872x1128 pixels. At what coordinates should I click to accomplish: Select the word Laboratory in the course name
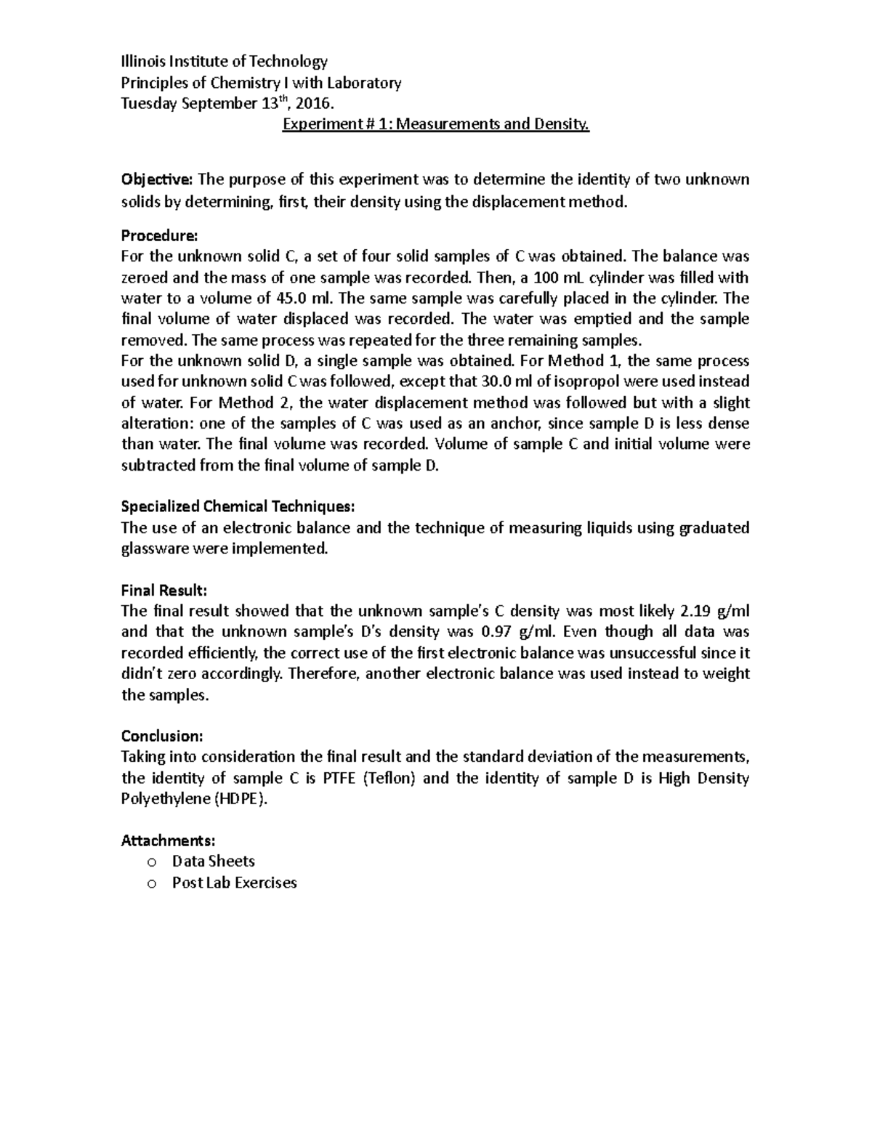[363, 82]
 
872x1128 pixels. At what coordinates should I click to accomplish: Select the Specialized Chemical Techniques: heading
[238, 506]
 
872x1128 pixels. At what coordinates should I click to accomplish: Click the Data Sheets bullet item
[213, 861]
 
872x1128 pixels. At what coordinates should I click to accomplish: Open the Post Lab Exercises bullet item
[234, 883]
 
